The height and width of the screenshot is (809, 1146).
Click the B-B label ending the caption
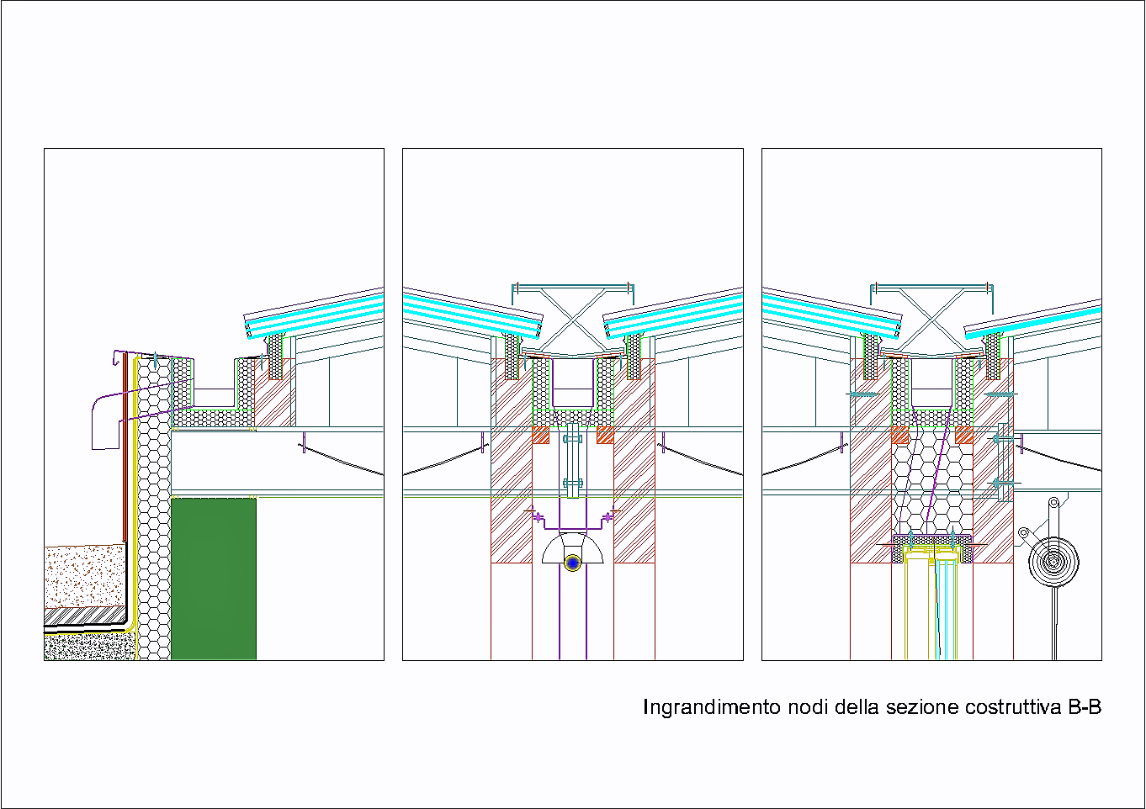pyautogui.click(x=1085, y=707)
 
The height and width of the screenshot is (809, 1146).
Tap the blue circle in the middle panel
pyautogui.click(x=573, y=563)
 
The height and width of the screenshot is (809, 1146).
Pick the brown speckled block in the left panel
pyautogui.click(x=85, y=575)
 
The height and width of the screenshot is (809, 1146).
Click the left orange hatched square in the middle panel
pyautogui.click(x=540, y=436)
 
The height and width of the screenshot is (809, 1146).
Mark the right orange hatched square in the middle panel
pyautogui.click(x=605, y=436)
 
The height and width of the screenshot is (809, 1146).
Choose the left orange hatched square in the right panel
pyautogui.click(x=899, y=436)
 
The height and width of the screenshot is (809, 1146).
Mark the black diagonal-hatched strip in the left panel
pyautogui.click(x=84, y=617)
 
